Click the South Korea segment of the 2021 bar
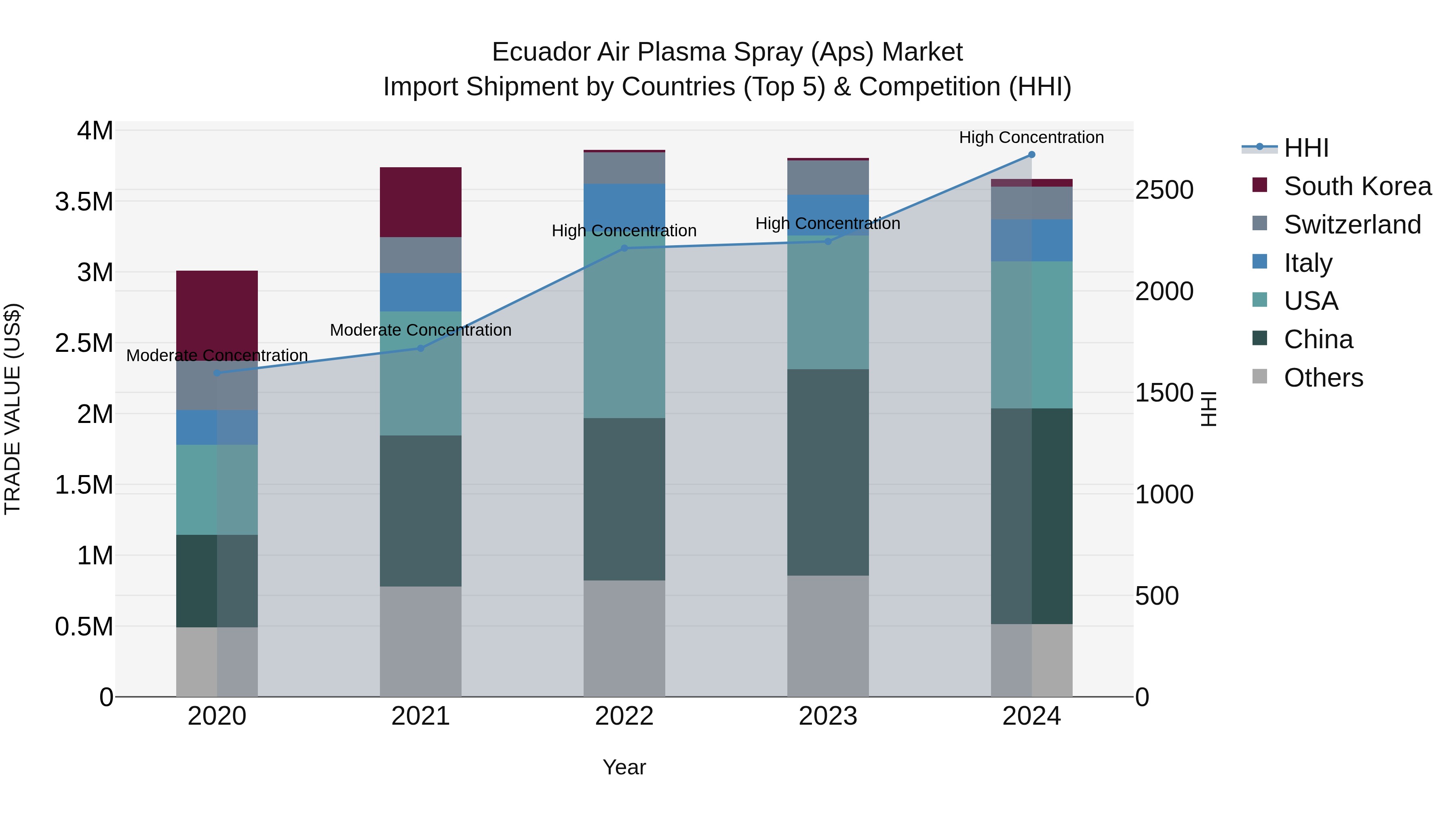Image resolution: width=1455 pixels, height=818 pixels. click(x=420, y=202)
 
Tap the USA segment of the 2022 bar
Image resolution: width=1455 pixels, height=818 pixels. click(x=624, y=325)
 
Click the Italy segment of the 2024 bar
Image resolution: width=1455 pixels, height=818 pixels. click(x=1031, y=240)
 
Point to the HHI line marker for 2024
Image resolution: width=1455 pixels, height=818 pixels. click(x=1031, y=155)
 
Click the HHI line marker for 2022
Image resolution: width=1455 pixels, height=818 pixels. click(x=624, y=248)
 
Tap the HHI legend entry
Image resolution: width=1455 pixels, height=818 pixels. click(x=1305, y=148)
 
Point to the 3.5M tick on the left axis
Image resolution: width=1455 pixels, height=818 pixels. click(x=84, y=202)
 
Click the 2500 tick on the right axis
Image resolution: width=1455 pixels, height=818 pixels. click(x=1164, y=190)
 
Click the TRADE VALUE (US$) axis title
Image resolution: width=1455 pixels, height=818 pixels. click(x=13, y=409)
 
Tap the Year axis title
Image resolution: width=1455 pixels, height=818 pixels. click(x=624, y=767)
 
